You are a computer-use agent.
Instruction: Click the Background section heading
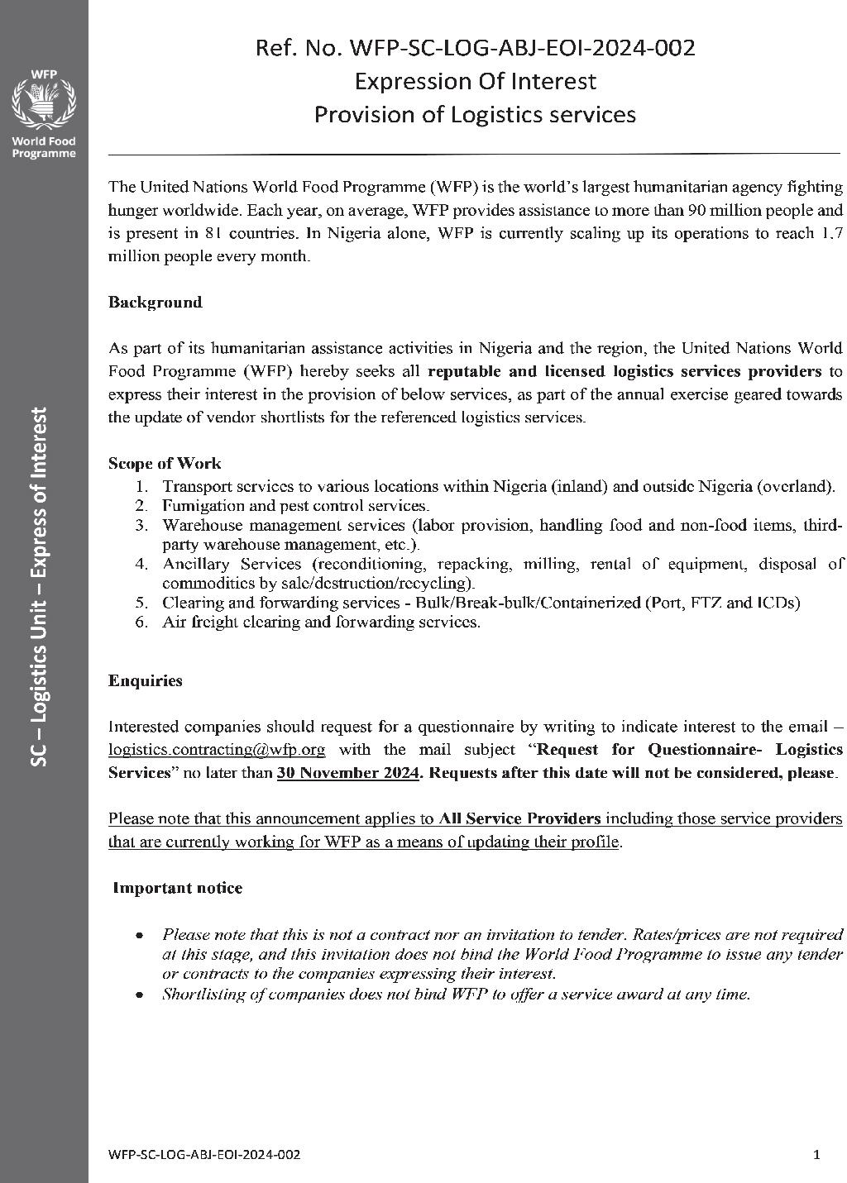point(156,303)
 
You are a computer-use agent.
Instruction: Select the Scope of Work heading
point(165,464)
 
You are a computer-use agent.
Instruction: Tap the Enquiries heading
point(146,681)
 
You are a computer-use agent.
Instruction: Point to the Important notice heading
point(178,889)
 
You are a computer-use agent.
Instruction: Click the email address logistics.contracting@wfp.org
point(217,750)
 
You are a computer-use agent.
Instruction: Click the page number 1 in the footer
point(817,1154)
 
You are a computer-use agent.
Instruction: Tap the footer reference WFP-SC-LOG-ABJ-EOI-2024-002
point(204,1154)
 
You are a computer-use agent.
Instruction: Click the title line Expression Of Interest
point(475,81)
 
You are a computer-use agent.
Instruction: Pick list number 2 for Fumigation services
point(141,505)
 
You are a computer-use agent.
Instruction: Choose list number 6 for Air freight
point(141,622)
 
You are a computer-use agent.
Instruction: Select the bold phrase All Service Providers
point(519,819)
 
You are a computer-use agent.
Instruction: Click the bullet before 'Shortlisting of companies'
point(141,995)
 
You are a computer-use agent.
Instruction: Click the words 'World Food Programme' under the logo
point(43,147)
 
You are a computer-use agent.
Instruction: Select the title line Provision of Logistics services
point(475,114)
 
